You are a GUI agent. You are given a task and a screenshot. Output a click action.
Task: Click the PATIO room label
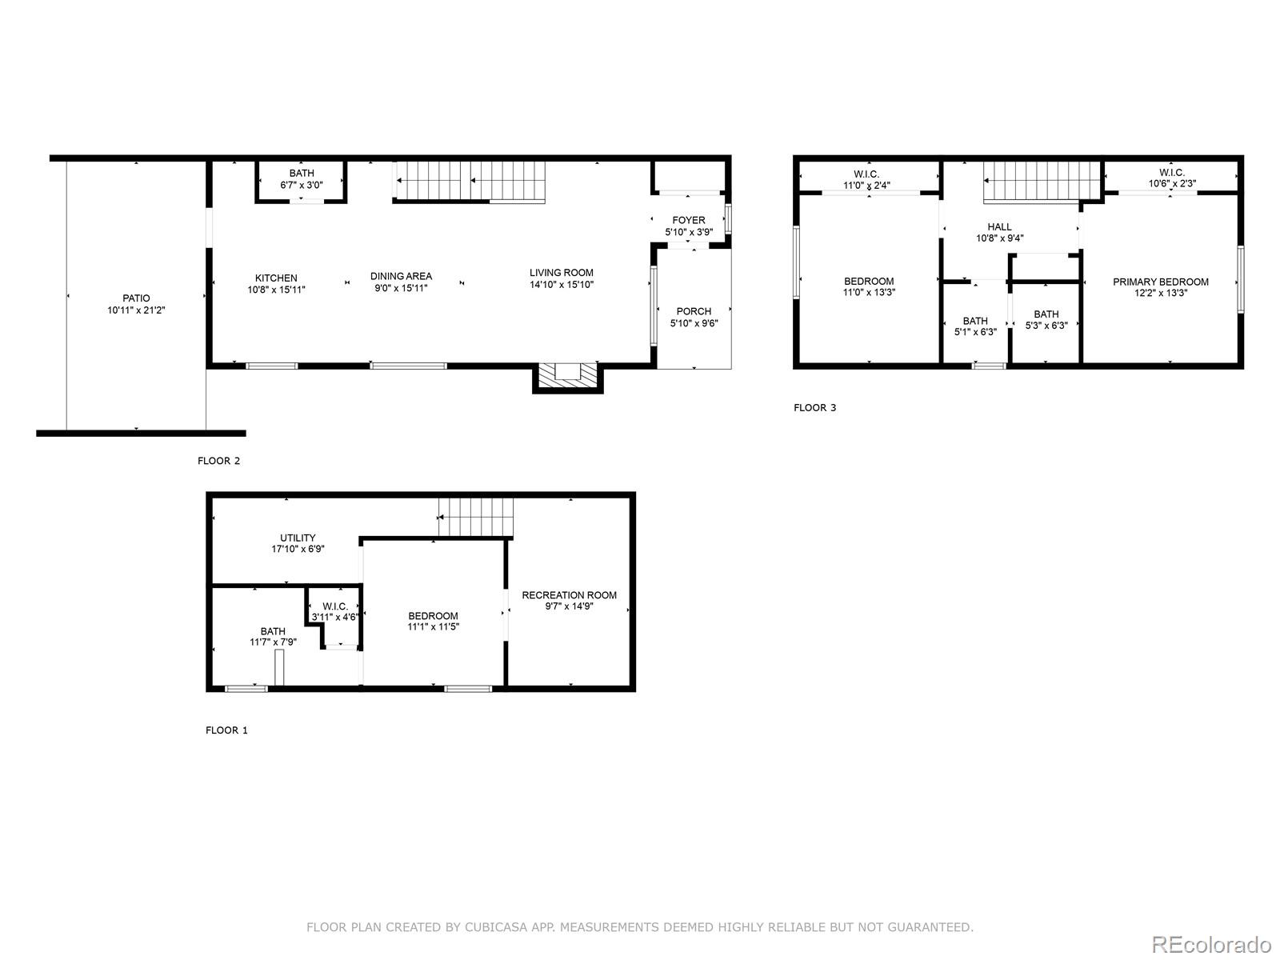[x=136, y=298]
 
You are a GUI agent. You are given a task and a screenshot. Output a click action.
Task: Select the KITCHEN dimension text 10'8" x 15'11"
[x=276, y=290]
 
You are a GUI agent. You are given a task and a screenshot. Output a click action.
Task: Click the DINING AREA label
[x=401, y=276]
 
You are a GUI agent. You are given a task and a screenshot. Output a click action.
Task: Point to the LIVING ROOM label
[x=561, y=273]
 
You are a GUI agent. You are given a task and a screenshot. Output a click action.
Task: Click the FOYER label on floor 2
[x=688, y=221]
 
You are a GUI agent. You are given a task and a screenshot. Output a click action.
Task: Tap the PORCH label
[x=693, y=312]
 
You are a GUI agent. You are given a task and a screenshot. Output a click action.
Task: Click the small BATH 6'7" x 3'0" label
[x=302, y=174]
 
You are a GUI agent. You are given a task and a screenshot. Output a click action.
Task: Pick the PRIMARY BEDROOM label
[x=1160, y=282]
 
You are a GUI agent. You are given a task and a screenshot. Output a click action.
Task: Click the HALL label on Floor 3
[x=999, y=227]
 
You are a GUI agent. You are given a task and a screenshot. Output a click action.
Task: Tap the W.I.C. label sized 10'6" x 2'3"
[x=1171, y=173]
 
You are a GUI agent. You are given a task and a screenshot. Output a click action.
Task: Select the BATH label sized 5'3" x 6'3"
[x=1046, y=314]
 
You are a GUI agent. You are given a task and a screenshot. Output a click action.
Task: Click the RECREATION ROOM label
[x=569, y=595]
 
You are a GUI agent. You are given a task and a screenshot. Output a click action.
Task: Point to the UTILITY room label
[x=298, y=538]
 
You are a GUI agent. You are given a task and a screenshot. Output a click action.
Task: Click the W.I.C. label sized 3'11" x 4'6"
[x=335, y=606]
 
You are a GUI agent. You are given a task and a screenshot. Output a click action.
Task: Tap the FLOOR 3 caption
[x=814, y=408]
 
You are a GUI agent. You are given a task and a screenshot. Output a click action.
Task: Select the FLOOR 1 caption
[x=226, y=730]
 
